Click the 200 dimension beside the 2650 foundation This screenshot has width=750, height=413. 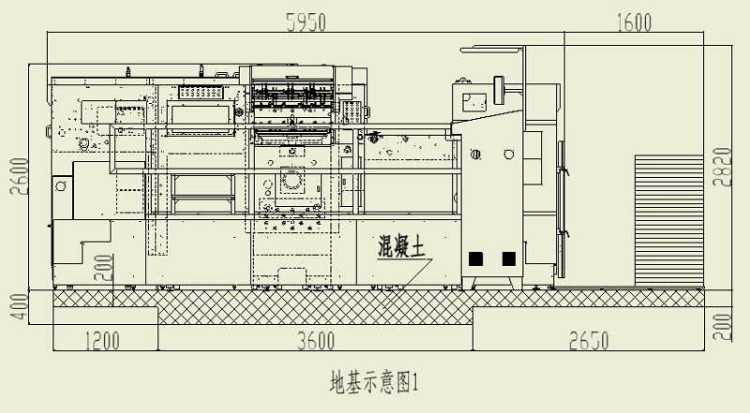[x=721, y=326]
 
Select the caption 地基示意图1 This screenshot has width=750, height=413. [x=371, y=382]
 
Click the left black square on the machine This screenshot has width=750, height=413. [x=476, y=258]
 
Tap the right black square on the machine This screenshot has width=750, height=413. [x=509, y=258]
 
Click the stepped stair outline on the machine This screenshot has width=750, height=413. [x=80, y=253]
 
